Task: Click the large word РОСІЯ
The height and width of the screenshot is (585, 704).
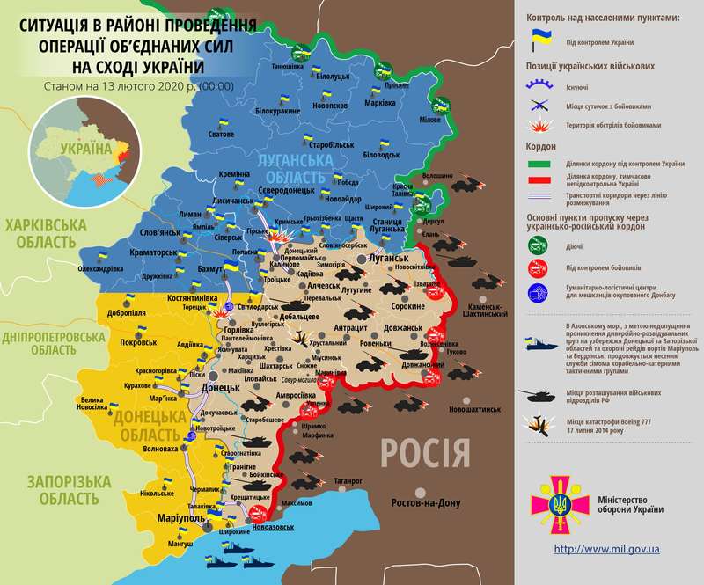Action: point(425,454)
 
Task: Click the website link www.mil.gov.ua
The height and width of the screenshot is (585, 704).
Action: point(607,548)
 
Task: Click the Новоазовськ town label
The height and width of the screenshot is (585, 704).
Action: point(274,528)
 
